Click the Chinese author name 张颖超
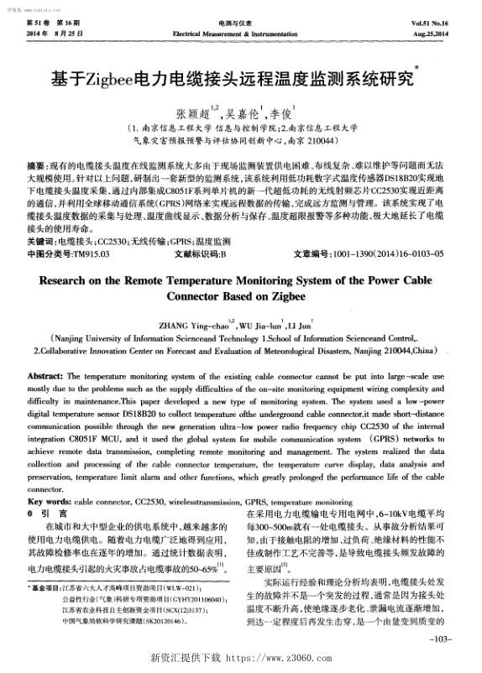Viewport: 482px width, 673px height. coord(193,111)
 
